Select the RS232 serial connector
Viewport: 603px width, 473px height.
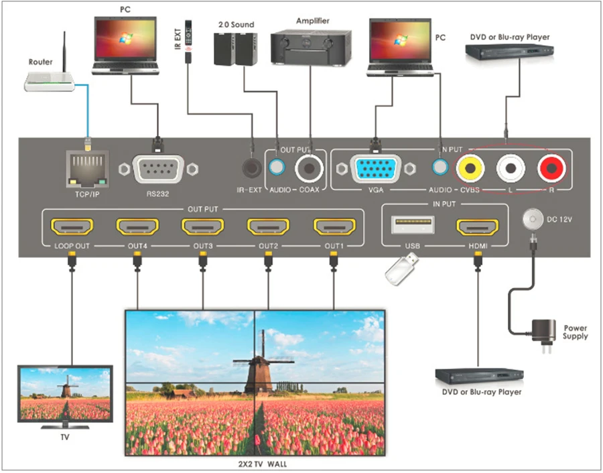tap(158, 169)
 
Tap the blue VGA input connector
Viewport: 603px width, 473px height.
tap(376, 169)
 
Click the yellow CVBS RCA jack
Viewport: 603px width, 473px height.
tap(470, 168)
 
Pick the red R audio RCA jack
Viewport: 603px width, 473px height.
tap(551, 168)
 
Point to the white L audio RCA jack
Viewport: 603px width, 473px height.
tap(511, 168)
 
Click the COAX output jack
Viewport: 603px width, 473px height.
tap(309, 168)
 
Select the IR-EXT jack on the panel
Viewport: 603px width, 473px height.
tap(252, 168)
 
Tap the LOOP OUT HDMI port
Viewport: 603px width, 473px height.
tap(72, 226)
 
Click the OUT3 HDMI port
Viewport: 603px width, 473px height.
tap(202, 226)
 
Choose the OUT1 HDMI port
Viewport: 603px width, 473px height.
tap(334, 226)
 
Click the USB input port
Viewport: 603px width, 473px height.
tap(413, 224)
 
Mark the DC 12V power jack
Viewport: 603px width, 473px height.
tap(533, 219)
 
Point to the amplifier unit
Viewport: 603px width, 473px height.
tap(311, 48)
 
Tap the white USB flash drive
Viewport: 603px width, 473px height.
tap(402, 269)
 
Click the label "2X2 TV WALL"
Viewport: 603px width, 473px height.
tap(262, 464)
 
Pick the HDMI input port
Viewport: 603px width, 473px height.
tap(478, 226)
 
